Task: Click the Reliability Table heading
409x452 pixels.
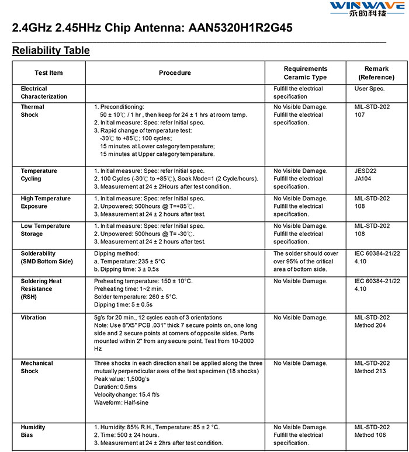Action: [51, 50]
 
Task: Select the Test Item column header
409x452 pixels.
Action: [48, 73]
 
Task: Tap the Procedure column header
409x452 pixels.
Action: [175, 73]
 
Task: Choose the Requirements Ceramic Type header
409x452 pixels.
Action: [305, 73]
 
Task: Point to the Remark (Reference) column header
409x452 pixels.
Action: [376, 73]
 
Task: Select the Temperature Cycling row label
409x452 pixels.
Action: [39, 175]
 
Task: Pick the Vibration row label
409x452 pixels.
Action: [34, 318]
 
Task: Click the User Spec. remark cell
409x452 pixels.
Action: [369, 89]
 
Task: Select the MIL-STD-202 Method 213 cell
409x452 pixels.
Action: [372, 367]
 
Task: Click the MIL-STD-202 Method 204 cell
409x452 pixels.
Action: [372, 321]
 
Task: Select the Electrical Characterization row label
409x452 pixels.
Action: [44, 92]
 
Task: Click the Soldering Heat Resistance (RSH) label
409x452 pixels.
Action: [41, 288]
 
